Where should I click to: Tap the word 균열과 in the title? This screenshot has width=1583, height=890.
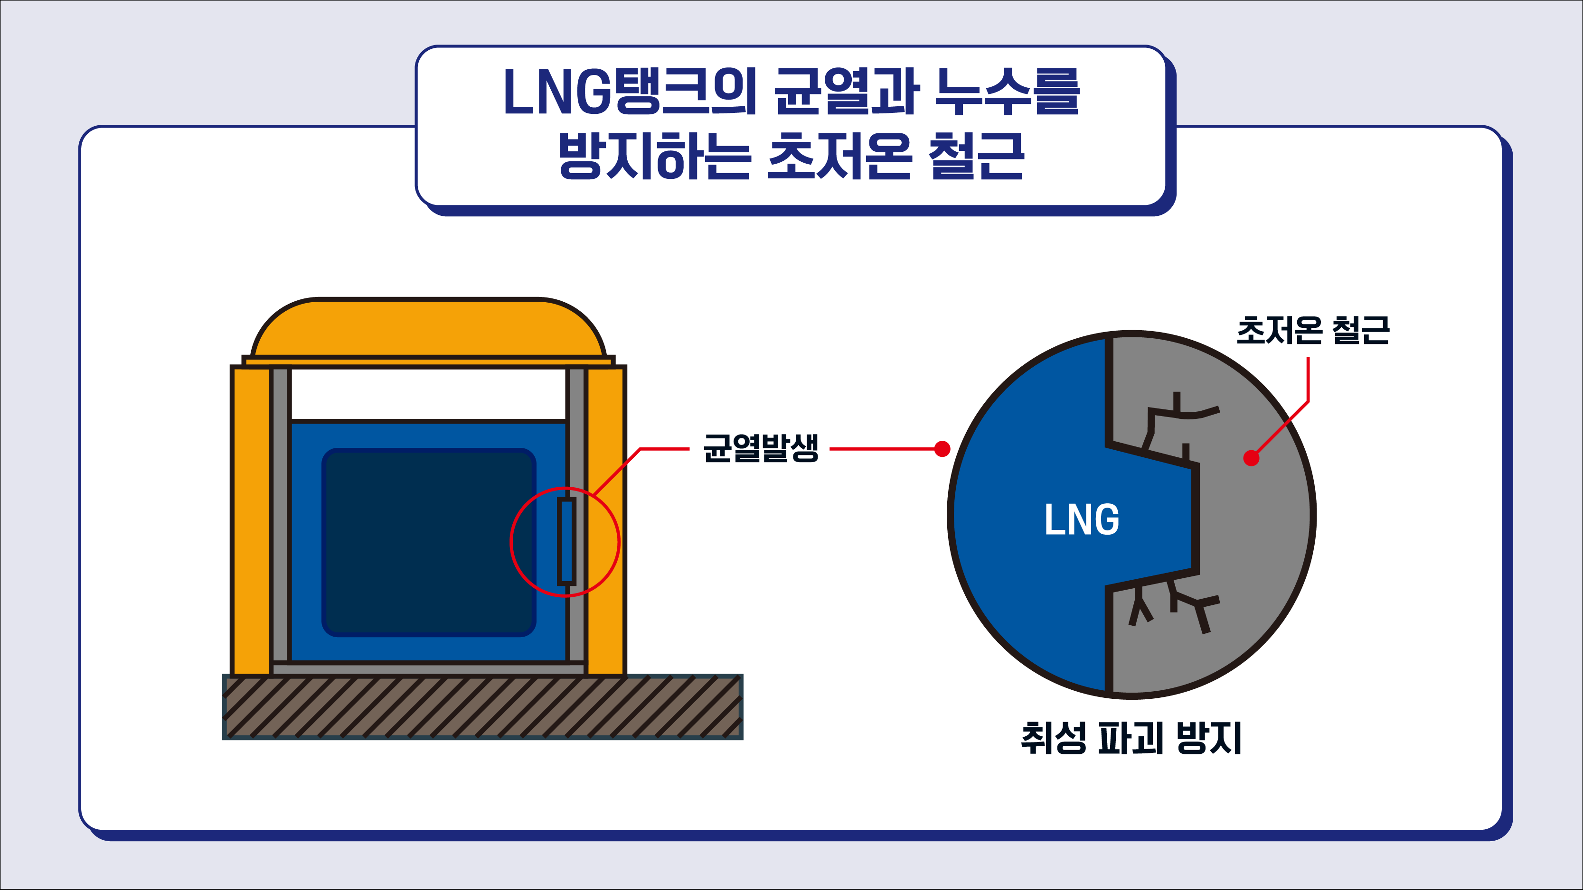846,92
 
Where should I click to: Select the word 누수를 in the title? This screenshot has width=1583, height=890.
1007,92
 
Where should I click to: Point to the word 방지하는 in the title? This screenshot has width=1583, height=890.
654,156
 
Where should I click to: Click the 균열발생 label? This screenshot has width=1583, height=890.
761,448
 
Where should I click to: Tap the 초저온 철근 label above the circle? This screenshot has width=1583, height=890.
1313,331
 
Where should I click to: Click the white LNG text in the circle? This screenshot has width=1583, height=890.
1082,519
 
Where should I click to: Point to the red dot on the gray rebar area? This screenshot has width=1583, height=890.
1251,458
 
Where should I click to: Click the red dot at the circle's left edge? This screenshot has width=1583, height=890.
942,449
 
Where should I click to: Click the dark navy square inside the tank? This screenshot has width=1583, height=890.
428,542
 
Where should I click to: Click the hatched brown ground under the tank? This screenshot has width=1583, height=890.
482,707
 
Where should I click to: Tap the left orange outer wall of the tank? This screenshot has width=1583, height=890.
251,519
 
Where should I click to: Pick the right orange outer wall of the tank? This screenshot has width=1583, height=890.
606,519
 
